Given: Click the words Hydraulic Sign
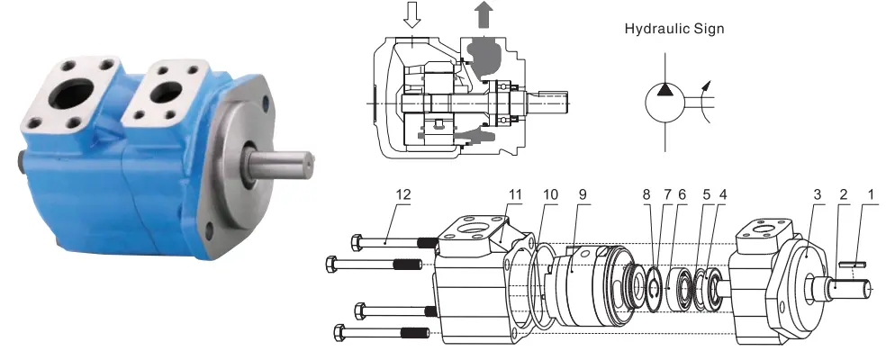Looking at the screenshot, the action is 674,29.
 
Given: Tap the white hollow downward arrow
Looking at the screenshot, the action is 411,14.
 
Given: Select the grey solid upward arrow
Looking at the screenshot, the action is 484,14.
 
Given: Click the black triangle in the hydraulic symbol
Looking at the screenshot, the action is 665,88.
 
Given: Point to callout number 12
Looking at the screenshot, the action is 403,194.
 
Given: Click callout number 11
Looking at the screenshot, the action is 515,194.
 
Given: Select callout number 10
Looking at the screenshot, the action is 550,194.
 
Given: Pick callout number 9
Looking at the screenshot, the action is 583,194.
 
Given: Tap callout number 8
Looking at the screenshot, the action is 646,194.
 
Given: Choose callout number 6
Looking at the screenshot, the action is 683,194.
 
